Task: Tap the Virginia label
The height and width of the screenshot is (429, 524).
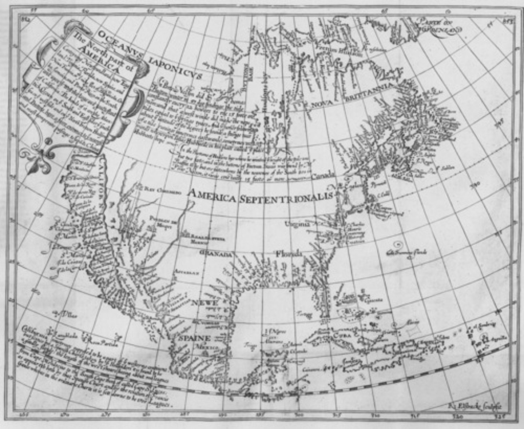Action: [x=297, y=224]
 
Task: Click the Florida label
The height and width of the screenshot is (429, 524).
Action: [x=289, y=253]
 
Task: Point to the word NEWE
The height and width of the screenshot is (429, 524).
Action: [x=205, y=303]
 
